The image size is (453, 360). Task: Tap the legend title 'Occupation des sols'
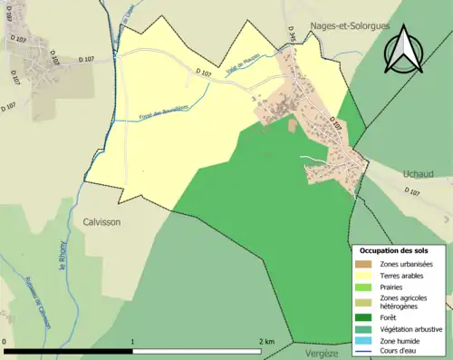395,249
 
